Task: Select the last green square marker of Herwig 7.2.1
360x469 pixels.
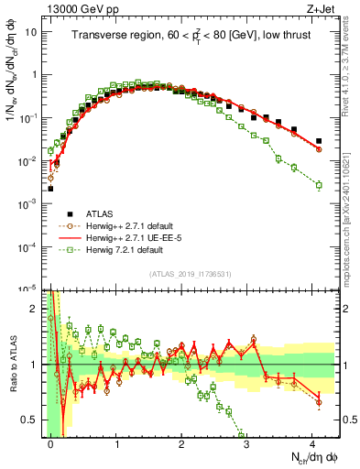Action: (x=319, y=185)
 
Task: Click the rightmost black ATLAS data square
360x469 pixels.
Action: (x=319, y=141)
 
